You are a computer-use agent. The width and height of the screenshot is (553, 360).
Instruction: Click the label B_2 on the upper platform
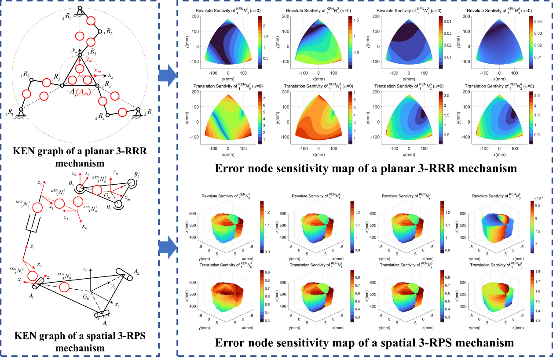click(137, 175)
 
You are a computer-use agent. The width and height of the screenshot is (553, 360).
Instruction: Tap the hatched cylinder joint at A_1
click(102, 314)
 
